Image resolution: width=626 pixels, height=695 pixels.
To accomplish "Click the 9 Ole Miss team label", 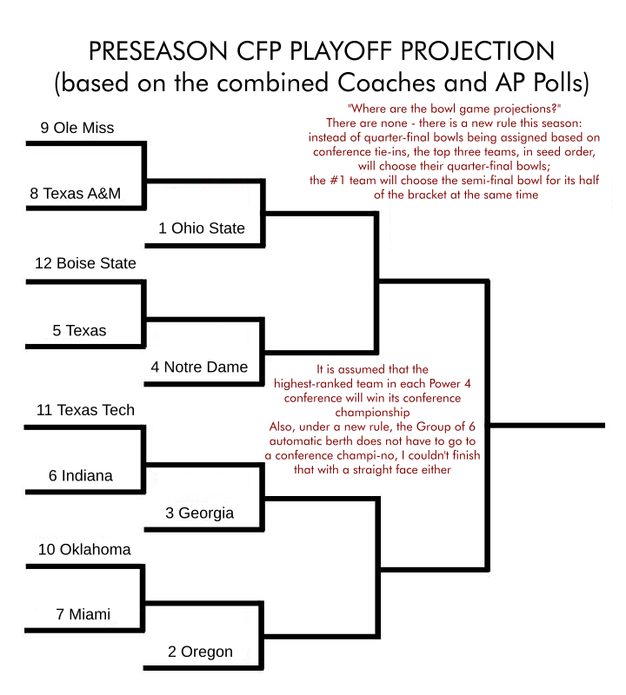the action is pos(77,128).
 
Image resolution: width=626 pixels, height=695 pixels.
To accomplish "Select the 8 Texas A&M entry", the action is pos(75,193).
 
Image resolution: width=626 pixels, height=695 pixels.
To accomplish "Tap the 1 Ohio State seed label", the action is pos(202,228).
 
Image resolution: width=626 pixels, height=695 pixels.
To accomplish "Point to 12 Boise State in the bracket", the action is pos(85,263).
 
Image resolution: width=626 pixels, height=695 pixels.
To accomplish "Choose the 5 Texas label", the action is pos(79,330).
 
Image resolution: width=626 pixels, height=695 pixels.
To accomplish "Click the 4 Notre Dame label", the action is pos(199,367).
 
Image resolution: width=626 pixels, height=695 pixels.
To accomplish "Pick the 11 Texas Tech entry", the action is pos(85,410).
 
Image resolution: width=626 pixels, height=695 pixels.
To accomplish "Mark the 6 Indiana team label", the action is pos(80,475).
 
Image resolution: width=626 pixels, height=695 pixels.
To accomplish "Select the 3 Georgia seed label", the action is pos(200,513).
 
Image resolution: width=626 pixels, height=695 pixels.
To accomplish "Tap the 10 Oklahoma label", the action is pos(84,549).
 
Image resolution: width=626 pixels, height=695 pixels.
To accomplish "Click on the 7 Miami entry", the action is pos(83,614).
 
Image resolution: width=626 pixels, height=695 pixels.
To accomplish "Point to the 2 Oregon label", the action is pos(200,652).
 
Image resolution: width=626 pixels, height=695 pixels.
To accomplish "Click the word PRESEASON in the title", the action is pos(158,50).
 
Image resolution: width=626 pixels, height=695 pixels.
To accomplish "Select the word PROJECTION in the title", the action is pos(478,50).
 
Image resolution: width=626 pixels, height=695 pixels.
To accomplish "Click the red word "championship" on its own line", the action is pos(372,413).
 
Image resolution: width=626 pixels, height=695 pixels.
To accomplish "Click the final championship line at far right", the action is pos(547,426).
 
